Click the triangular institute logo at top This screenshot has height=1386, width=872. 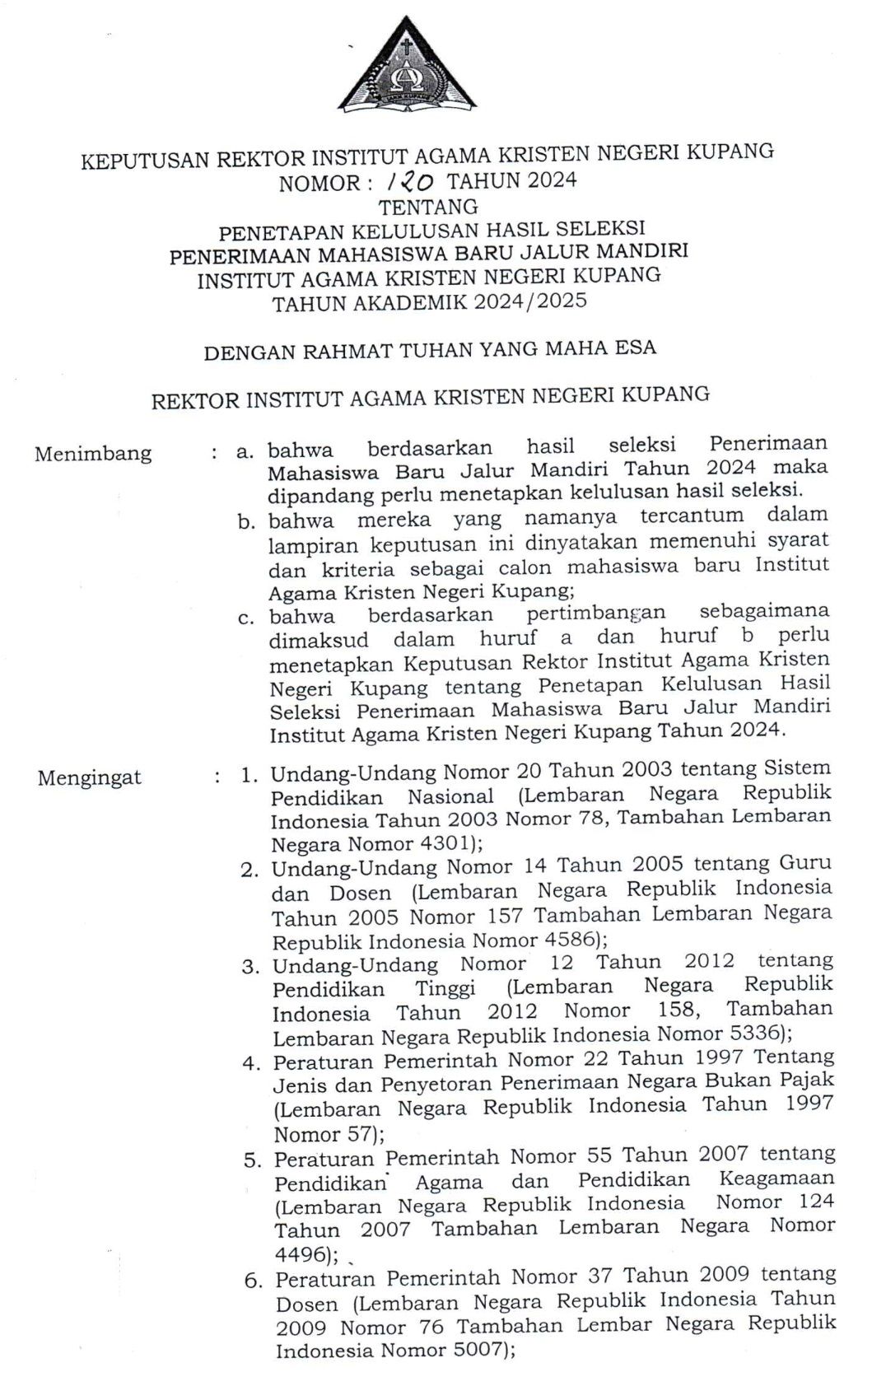(407, 68)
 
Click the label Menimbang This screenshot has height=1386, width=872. (93, 453)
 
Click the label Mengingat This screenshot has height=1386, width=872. (89, 777)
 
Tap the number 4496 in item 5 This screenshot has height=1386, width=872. (302, 1254)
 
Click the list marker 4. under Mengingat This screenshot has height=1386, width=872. (251, 1063)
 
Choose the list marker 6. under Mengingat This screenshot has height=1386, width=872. (253, 1281)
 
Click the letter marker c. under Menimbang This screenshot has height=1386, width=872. (246, 618)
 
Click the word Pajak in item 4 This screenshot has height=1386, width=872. (805, 1080)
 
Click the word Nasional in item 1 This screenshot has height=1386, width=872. (450, 797)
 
